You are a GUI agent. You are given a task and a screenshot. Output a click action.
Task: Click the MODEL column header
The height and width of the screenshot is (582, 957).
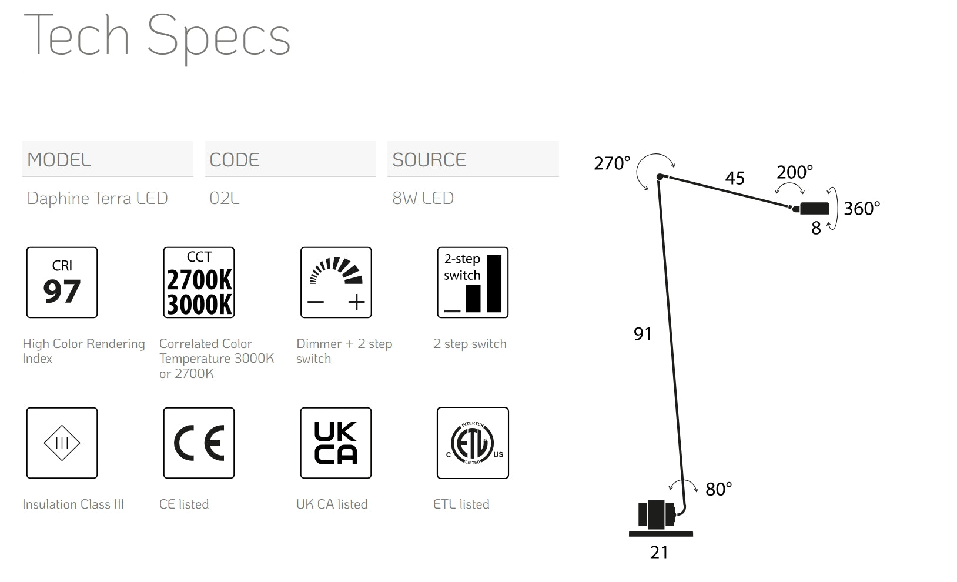[x=59, y=160]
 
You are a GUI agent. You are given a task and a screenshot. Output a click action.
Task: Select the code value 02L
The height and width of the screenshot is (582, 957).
[x=225, y=198]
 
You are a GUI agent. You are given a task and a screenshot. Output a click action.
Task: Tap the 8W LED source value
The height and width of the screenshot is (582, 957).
[x=423, y=198]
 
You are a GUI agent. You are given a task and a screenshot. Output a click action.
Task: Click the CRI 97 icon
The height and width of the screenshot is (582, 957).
[x=62, y=282]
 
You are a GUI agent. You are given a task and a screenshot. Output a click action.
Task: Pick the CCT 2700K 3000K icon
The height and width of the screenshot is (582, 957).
[x=199, y=282]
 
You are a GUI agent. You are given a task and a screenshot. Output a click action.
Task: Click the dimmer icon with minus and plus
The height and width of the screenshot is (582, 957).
[x=336, y=282]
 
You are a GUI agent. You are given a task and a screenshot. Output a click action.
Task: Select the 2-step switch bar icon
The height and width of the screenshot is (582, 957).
[x=473, y=282]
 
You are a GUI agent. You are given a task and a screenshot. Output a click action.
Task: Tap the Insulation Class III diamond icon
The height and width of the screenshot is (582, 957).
[x=62, y=443]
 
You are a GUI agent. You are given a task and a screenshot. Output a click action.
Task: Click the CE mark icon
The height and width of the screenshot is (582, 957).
[x=199, y=443]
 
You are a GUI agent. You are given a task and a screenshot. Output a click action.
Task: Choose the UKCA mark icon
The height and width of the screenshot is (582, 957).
[x=336, y=443]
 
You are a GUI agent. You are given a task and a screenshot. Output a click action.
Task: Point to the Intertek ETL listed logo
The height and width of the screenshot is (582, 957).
[x=473, y=443]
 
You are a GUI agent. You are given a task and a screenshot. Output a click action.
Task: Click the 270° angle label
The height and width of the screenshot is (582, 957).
[x=612, y=163]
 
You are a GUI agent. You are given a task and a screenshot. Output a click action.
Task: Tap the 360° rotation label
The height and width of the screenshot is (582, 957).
[x=862, y=209]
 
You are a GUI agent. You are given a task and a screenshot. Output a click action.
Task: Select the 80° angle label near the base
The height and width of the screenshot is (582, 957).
[x=718, y=489]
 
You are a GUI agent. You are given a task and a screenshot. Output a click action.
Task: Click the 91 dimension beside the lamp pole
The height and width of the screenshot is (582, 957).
[x=643, y=334]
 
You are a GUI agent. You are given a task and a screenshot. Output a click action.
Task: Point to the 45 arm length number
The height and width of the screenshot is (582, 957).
[x=735, y=178]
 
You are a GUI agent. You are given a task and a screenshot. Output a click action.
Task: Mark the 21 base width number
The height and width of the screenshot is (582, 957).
[x=659, y=553]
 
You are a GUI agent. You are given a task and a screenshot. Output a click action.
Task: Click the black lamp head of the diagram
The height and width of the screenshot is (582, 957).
[x=814, y=208]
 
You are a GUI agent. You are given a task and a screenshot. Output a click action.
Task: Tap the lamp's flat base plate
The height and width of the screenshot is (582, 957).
[x=661, y=534]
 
